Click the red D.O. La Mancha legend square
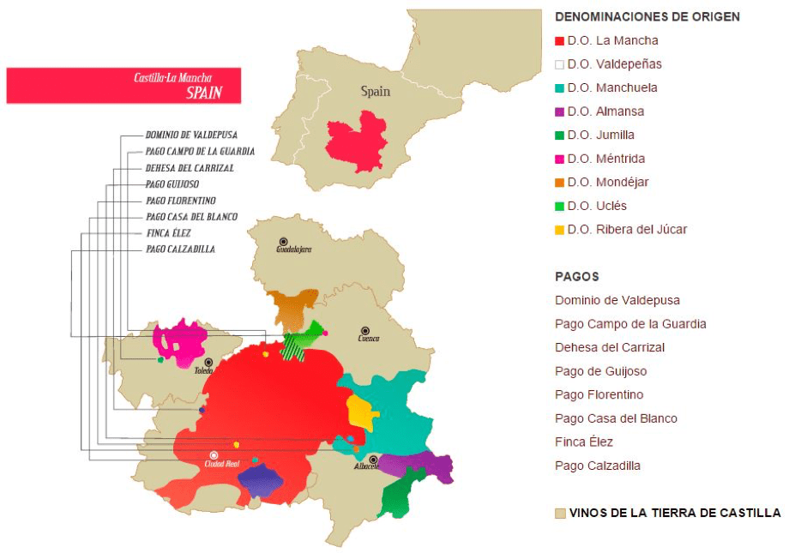pos(559,41)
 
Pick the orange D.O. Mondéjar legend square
pos(559,183)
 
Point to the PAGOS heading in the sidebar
pos(576,277)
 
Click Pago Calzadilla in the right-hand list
pos(598,466)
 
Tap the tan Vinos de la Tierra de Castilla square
pos(560,514)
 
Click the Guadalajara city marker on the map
pos(282,242)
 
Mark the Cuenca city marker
pos(364,330)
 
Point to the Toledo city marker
pos(208,363)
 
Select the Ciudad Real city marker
pos(214,455)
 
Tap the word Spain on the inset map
pos(375,91)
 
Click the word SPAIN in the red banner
pos(203,93)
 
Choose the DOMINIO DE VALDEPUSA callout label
pos(191,135)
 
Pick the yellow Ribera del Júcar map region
pos(361,412)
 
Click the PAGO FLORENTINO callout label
pos(181,200)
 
